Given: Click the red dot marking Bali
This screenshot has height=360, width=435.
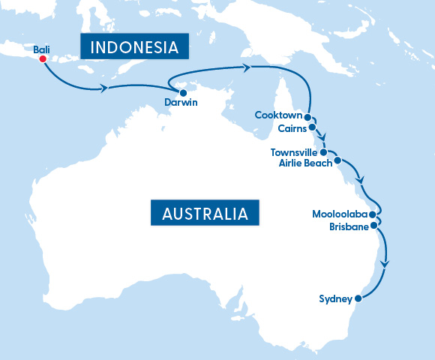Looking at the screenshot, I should (43, 58).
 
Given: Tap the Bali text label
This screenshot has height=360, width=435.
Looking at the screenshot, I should (42, 49).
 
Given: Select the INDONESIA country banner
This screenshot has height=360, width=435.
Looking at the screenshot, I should (134, 47).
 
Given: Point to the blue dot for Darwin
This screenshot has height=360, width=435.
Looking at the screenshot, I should (183, 93).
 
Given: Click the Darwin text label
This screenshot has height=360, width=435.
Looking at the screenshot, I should (181, 103).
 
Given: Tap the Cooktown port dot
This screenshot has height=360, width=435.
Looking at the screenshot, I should (307, 116).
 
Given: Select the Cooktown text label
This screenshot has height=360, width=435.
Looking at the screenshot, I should (278, 115).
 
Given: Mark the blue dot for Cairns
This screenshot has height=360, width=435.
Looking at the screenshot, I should (312, 127).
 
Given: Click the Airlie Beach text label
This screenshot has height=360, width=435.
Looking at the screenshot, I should (304, 163).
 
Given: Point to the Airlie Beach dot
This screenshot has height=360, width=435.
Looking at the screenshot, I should (337, 160).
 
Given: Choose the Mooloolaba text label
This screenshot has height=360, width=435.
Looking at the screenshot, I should (339, 214).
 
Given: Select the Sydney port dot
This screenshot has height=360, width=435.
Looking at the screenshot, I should (358, 298).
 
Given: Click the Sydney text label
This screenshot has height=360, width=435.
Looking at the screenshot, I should (335, 299).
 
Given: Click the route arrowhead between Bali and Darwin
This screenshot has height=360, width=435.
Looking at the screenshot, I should (104, 88).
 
